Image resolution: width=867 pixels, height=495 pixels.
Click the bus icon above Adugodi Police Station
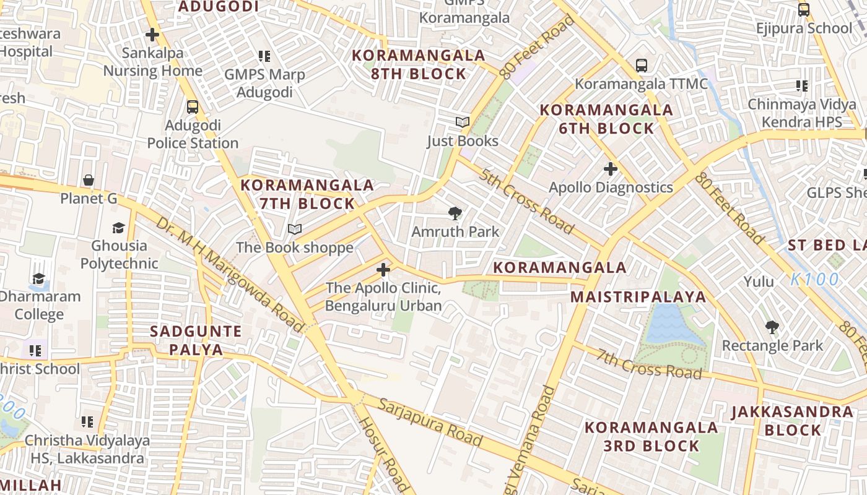pyautogui.click(x=193, y=106)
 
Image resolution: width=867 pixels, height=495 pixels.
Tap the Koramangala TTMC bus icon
pyautogui.click(x=642, y=65)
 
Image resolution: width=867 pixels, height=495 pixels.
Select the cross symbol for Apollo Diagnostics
pyautogui.click(x=611, y=168)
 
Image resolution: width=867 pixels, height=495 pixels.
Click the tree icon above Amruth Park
pyautogui.click(x=455, y=213)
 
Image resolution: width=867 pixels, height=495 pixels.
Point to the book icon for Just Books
pyautogui.click(x=463, y=122)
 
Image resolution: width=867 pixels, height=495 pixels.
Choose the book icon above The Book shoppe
pyautogui.click(x=295, y=230)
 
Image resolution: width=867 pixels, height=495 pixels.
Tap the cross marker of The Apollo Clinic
pyautogui.click(x=383, y=270)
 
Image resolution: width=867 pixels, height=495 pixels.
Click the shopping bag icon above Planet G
pyautogui.click(x=89, y=180)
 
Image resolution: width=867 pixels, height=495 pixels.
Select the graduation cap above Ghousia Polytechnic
pyautogui.click(x=118, y=228)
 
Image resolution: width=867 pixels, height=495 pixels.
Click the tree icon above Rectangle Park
pyautogui.click(x=772, y=327)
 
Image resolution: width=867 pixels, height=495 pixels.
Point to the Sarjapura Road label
pyautogui.click(x=429, y=423)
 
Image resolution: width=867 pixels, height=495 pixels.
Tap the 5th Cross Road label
pyautogui.click(x=525, y=199)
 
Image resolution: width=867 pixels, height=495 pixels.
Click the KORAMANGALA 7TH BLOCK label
pyautogui.click(x=307, y=194)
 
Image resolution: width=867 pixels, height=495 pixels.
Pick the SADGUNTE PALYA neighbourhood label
pyautogui.click(x=196, y=340)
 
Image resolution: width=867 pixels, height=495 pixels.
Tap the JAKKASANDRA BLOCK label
pyautogui.click(x=792, y=420)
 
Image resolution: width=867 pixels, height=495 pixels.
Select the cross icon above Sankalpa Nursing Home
pyautogui.click(x=152, y=35)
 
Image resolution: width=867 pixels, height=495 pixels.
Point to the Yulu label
pyautogui.click(x=759, y=282)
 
